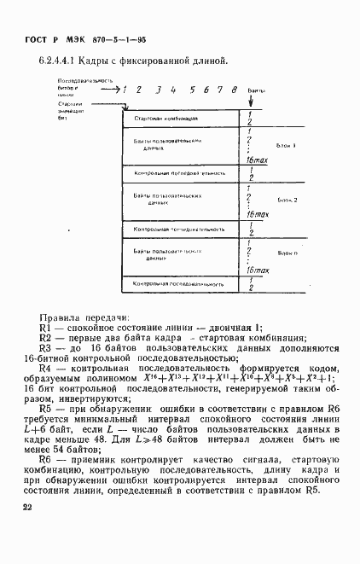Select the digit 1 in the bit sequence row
pyautogui.click(x=125, y=89)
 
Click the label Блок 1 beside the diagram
pyautogui.click(x=287, y=145)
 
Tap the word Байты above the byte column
pyautogui.click(x=257, y=90)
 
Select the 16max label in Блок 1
pyautogui.click(x=255, y=161)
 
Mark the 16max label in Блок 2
pyautogui.click(x=255, y=215)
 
